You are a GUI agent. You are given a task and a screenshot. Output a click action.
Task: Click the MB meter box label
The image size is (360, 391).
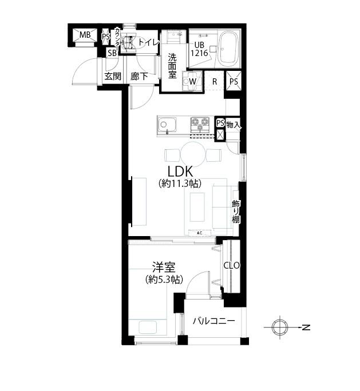click(85, 35)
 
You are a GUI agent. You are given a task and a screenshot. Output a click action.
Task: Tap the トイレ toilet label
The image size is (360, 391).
click(149, 42)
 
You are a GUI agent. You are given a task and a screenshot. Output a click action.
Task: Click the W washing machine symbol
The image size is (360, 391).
click(192, 81)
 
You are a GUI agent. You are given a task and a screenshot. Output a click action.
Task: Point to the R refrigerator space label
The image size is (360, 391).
click(215, 82)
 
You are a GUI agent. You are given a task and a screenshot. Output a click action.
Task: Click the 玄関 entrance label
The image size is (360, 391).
click(113, 76)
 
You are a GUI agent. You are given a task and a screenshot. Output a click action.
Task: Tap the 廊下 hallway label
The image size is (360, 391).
click(139, 76)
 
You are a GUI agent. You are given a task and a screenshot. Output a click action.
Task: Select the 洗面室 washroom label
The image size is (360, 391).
click(172, 66)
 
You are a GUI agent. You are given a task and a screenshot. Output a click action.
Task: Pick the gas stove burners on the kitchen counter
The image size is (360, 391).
click(200, 122)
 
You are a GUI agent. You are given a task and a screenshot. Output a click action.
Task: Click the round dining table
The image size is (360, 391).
click(193, 154)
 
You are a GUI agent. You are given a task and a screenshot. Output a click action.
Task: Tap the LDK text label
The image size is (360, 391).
click(180, 171)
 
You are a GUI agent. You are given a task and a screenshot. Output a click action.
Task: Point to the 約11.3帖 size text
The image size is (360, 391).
click(180, 183)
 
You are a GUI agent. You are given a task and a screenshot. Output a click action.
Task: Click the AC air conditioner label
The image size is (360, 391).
click(200, 233)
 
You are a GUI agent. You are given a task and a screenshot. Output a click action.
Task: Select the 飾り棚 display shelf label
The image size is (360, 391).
click(236, 212)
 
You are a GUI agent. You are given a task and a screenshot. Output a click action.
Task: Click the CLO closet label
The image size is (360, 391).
click(231, 266)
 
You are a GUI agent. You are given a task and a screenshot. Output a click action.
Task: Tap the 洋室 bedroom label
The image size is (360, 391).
click(164, 268)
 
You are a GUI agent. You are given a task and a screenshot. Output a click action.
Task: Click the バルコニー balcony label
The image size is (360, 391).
click(213, 321)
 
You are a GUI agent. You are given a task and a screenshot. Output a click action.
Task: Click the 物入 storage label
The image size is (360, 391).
click(234, 125)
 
